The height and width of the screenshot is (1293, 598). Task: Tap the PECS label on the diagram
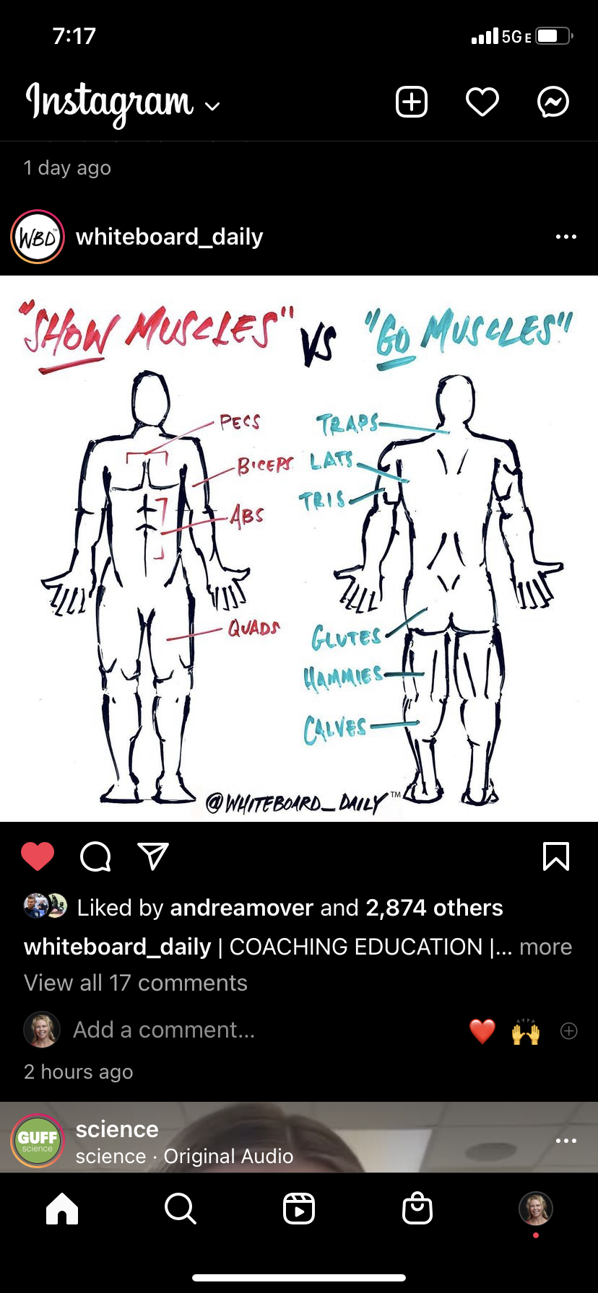pos(240,421)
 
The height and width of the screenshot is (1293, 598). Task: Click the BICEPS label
pos(265,465)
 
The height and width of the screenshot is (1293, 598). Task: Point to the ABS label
pos(247,515)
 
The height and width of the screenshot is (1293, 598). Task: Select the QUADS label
pos(253,628)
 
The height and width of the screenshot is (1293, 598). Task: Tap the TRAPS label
pos(347,424)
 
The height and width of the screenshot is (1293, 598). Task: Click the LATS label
pos(332,460)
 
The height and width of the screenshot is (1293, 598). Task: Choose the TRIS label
pos(323,499)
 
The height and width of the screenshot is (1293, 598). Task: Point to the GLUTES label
pos(346,637)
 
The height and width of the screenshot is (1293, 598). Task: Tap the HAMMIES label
pos(343,678)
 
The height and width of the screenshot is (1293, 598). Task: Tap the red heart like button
pos(38,856)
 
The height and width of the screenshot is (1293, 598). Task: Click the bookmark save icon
pos(556,856)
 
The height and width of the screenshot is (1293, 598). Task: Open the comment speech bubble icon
pos(95,856)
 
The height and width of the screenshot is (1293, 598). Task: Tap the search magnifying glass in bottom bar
pos(180,1208)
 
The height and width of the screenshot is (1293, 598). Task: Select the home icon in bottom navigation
pos(62,1208)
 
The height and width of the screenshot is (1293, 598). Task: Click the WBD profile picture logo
pos(38,237)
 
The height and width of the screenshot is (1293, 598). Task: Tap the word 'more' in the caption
pos(545,947)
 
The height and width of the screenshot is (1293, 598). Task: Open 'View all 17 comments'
pos(136,983)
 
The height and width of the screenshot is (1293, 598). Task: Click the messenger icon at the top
pos(553,102)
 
